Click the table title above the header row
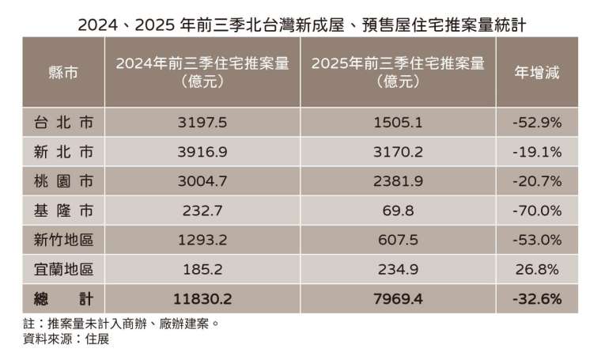pyautogui.click(x=300, y=25)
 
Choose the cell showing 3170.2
pyautogui.click(x=398, y=152)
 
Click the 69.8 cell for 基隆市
pyautogui.click(x=398, y=211)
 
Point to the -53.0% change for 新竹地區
pyautogui.click(x=538, y=241)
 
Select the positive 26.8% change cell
pyautogui.click(x=538, y=270)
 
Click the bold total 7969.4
pyautogui.click(x=398, y=299)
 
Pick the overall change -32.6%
pyautogui.click(x=538, y=299)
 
